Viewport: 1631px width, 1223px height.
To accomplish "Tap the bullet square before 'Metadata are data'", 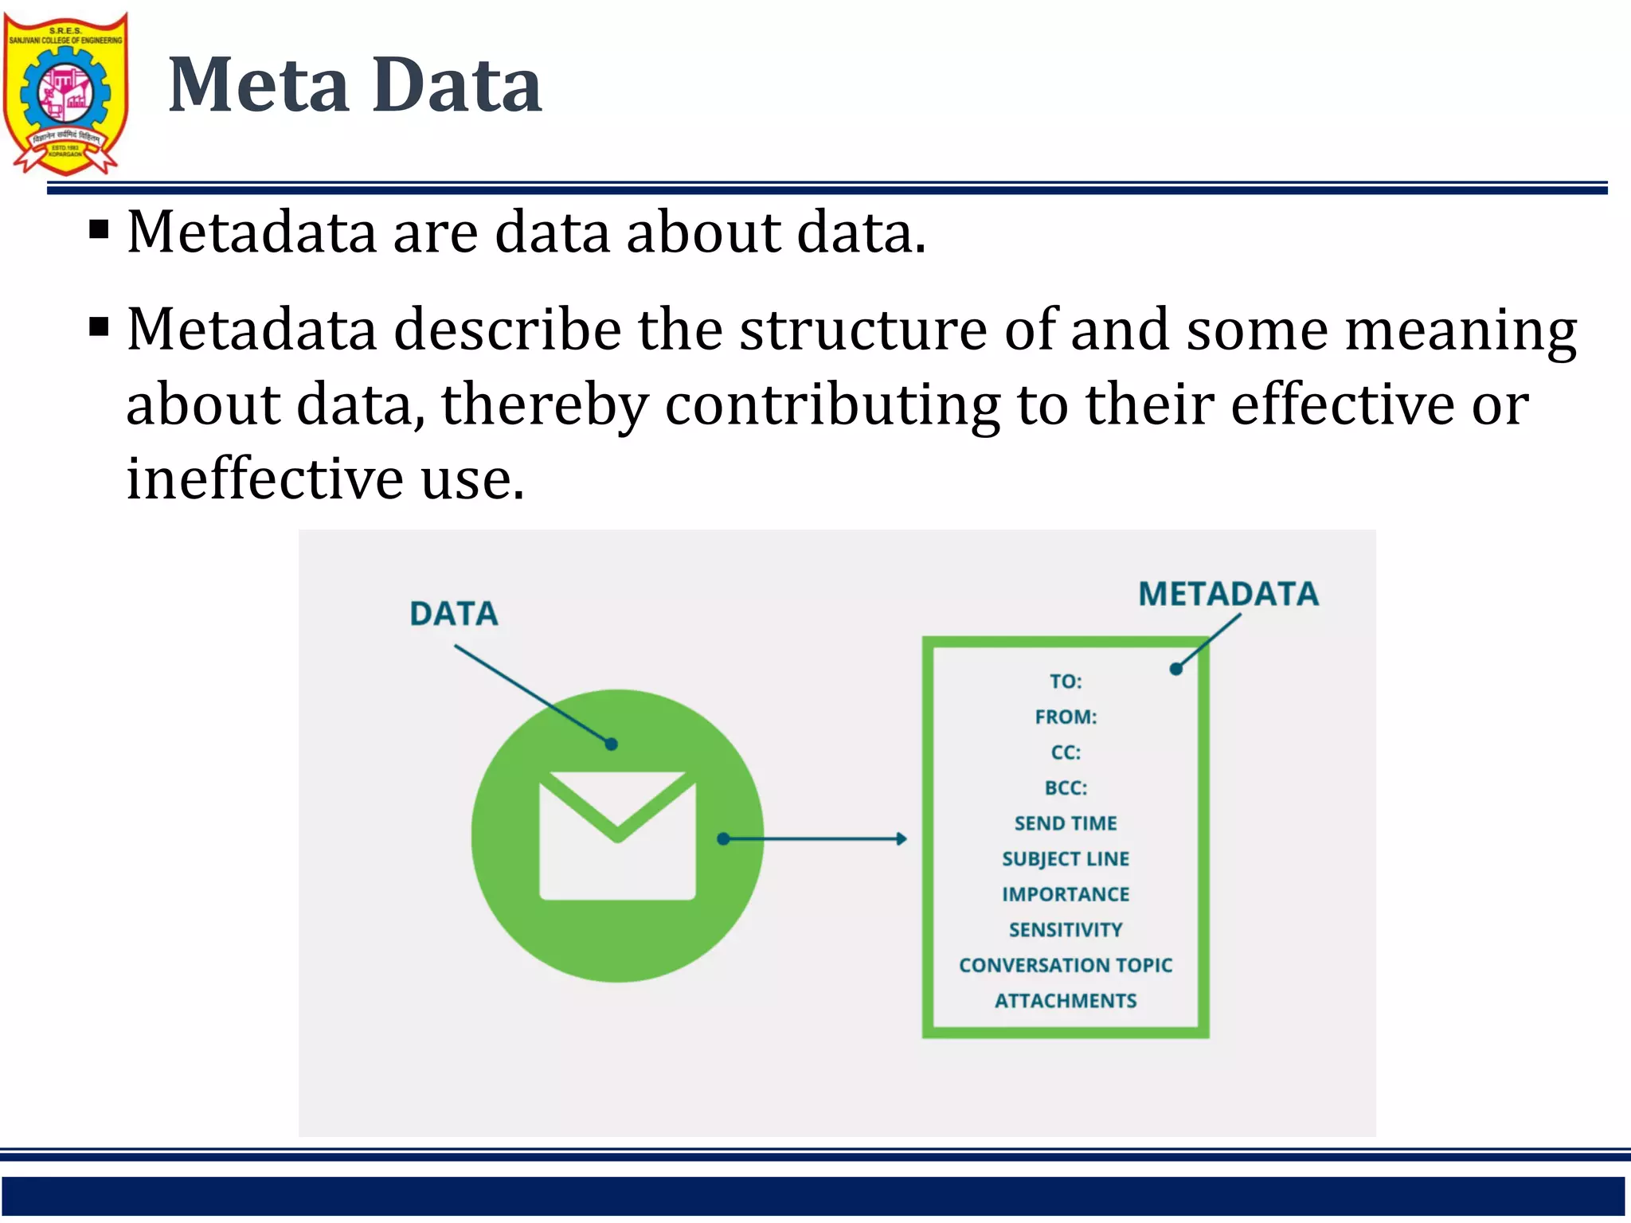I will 99,231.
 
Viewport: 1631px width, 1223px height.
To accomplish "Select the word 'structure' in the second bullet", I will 863,330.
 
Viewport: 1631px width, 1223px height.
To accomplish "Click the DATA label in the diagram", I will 454,614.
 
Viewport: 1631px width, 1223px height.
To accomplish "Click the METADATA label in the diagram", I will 1227,594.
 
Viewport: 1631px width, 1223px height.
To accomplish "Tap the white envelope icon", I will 617,836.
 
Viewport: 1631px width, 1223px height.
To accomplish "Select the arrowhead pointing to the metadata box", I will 902,838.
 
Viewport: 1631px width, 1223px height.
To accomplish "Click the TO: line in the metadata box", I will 1066,682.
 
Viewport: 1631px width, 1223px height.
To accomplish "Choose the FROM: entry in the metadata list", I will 1066,717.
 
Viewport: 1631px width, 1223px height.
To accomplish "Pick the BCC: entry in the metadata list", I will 1066,788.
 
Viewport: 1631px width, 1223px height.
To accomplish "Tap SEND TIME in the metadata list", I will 1066,823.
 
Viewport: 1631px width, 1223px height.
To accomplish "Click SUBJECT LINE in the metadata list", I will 1066,859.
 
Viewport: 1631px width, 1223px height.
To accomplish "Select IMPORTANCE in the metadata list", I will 1066,894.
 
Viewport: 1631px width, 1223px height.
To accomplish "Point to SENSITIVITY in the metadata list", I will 1066,930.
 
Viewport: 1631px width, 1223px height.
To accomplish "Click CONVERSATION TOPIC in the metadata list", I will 1066,965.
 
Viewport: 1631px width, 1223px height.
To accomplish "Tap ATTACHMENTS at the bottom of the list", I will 1066,1001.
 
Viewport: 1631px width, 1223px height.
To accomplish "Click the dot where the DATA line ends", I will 612,744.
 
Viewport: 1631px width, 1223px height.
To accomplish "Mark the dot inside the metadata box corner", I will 1175,669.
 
